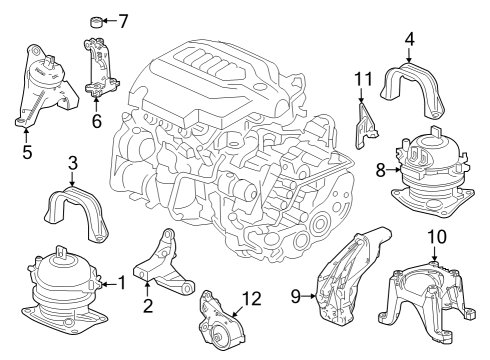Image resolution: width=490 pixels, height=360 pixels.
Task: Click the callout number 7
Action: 123,21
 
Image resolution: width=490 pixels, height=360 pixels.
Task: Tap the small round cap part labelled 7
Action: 96,22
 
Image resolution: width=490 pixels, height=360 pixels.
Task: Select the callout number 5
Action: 27,152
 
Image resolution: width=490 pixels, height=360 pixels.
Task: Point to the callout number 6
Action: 96,121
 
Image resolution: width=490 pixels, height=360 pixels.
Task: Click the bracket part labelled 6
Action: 99,68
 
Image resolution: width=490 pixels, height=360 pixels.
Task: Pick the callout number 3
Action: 73,163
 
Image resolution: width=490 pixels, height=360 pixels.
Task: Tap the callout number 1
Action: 122,283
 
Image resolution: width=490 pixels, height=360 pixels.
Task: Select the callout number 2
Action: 148,305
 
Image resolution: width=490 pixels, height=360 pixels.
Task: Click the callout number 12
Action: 252,298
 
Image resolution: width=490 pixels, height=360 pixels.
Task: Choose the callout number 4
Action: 410,39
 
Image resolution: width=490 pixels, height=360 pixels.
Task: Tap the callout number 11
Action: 363,79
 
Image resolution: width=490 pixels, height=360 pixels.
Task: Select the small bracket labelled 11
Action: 366,126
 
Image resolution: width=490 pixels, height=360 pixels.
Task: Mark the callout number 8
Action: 381,170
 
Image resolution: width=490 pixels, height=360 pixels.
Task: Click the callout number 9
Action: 296,296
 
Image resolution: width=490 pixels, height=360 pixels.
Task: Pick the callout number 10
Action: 437,237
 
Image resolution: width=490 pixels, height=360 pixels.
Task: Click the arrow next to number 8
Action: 393,170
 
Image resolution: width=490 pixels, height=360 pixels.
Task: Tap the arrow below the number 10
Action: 434,253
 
